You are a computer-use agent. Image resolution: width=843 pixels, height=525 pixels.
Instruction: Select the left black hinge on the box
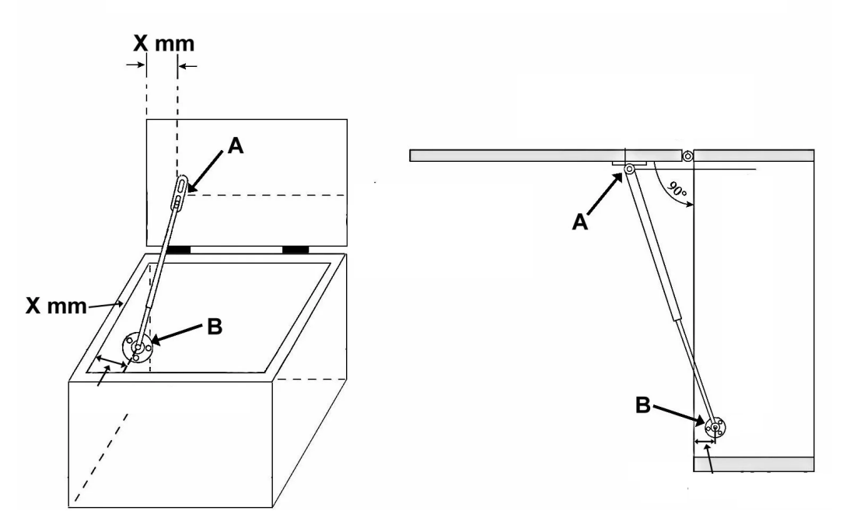coord(179,249)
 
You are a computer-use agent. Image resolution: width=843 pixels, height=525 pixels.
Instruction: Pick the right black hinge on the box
coord(296,249)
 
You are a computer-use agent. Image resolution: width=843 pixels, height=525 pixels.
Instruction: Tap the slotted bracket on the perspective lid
coord(180,191)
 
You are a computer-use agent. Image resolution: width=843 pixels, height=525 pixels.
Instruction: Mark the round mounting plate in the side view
coord(715,427)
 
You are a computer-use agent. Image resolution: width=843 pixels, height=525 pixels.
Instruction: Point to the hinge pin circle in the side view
coord(687,156)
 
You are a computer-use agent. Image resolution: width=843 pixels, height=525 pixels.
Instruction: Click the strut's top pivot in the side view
coord(629,170)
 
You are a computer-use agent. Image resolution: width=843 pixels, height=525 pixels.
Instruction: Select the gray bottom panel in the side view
coord(753,464)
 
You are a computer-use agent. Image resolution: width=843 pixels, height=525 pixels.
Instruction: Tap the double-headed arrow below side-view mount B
coord(705,443)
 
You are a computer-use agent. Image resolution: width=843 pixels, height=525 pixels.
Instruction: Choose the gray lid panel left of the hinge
coord(544,156)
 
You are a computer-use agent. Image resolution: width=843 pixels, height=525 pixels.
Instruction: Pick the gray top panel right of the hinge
coord(754,155)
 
